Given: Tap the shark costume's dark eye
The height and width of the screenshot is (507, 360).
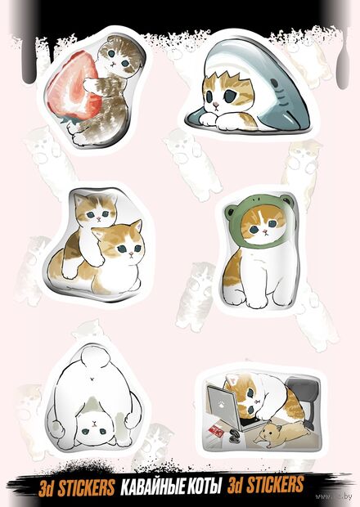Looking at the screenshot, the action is pos(274,83).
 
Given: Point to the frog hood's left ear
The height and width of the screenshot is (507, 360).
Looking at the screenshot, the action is pos(230,211).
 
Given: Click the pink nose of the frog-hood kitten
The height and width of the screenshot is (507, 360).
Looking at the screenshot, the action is pos(265,231).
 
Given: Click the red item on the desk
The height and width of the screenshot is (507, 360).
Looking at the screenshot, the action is pos(216,430).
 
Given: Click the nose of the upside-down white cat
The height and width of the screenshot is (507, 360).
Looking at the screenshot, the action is pos(93,423).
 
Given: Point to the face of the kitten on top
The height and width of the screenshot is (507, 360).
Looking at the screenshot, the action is pos(97,211).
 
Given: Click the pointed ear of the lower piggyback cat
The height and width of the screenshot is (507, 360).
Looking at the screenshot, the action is pos(137,227).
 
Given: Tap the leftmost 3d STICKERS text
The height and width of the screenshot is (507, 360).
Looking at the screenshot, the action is pos(76,487).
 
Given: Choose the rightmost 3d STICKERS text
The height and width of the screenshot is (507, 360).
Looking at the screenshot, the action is pos(265,485).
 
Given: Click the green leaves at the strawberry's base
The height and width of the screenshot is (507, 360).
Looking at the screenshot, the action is pos(70,120).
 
